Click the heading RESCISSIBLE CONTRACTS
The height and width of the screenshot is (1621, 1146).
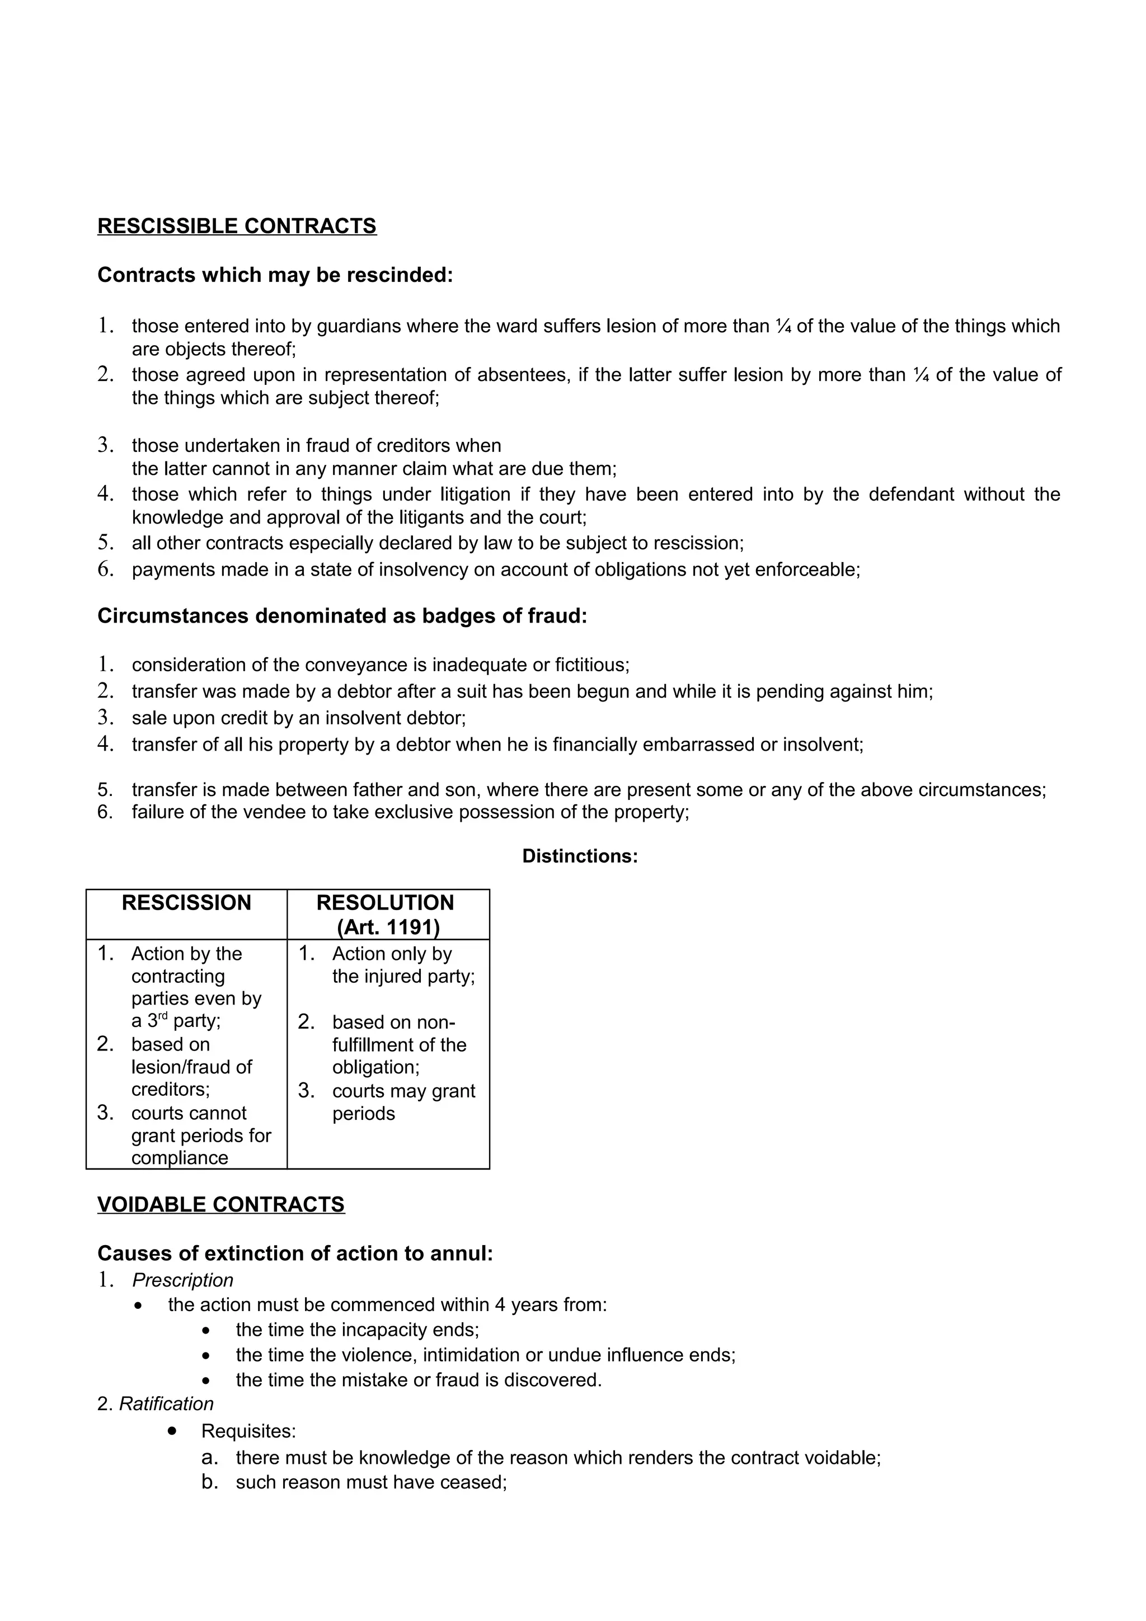pos(237,226)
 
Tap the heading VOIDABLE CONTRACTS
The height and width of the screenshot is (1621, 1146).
pos(220,1204)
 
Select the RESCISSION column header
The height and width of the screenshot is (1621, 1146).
pos(186,903)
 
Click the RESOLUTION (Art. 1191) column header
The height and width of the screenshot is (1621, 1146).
pos(386,915)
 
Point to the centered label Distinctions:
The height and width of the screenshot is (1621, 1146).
pos(580,856)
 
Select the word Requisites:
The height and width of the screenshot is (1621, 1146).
pos(248,1431)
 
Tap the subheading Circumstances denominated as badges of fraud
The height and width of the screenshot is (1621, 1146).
pos(342,616)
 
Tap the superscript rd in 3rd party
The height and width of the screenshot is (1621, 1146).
pos(162,1016)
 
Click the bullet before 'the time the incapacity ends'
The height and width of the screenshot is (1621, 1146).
pos(205,1331)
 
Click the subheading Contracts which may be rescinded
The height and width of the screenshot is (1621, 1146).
pos(275,275)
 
